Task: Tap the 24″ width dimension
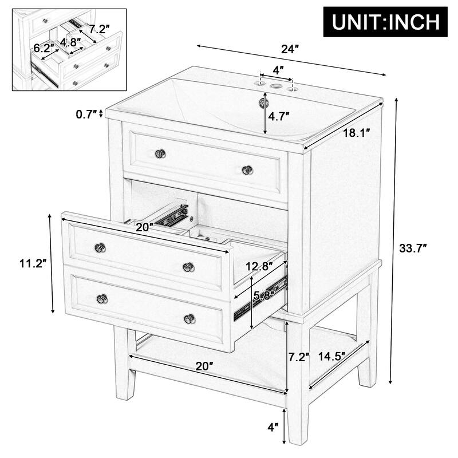(x=290, y=50)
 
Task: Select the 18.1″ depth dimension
(x=356, y=133)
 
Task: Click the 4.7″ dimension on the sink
(x=279, y=116)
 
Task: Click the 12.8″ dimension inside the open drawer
(x=258, y=266)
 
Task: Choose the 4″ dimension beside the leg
(x=273, y=427)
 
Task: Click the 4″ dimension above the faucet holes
(x=278, y=70)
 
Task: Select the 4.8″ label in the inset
(x=70, y=41)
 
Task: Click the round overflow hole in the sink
(x=264, y=103)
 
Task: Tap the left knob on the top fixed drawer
(x=160, y=153)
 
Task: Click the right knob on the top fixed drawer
(x=247, y=169)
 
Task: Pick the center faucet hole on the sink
(x=278, y=88)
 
